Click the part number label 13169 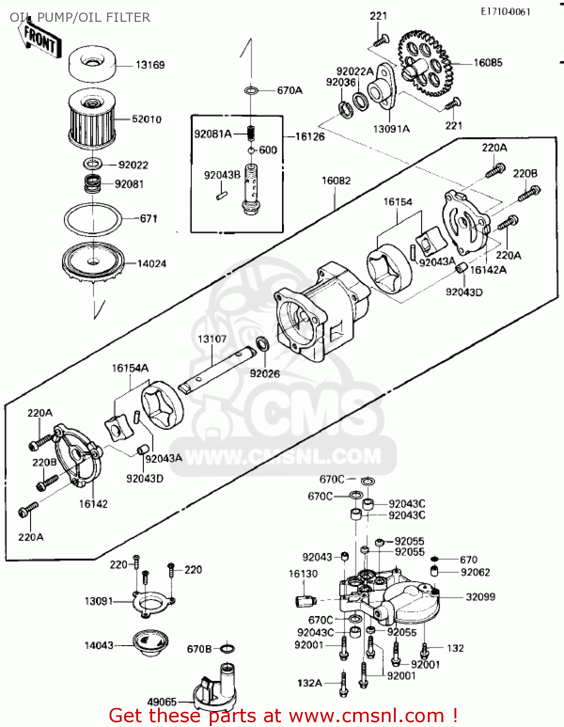[x=150, y=65]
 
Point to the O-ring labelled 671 [x=93, y=220]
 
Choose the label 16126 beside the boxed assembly [x=310, y=137]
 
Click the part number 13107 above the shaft [x=212, y=339]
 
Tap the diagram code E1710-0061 [x=505, y=12]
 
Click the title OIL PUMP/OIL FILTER [x=80, y=18]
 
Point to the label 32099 [x=480, y=597]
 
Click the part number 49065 [x=162, y=701]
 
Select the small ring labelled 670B [x=228, y=648]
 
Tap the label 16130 [x=303, y=574]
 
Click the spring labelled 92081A [x=251, y=132]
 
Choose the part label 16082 [x=336, y=181]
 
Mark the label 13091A [x=391, y=129]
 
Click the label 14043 [x=99, y=645]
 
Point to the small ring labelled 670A [x=251, y=91]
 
